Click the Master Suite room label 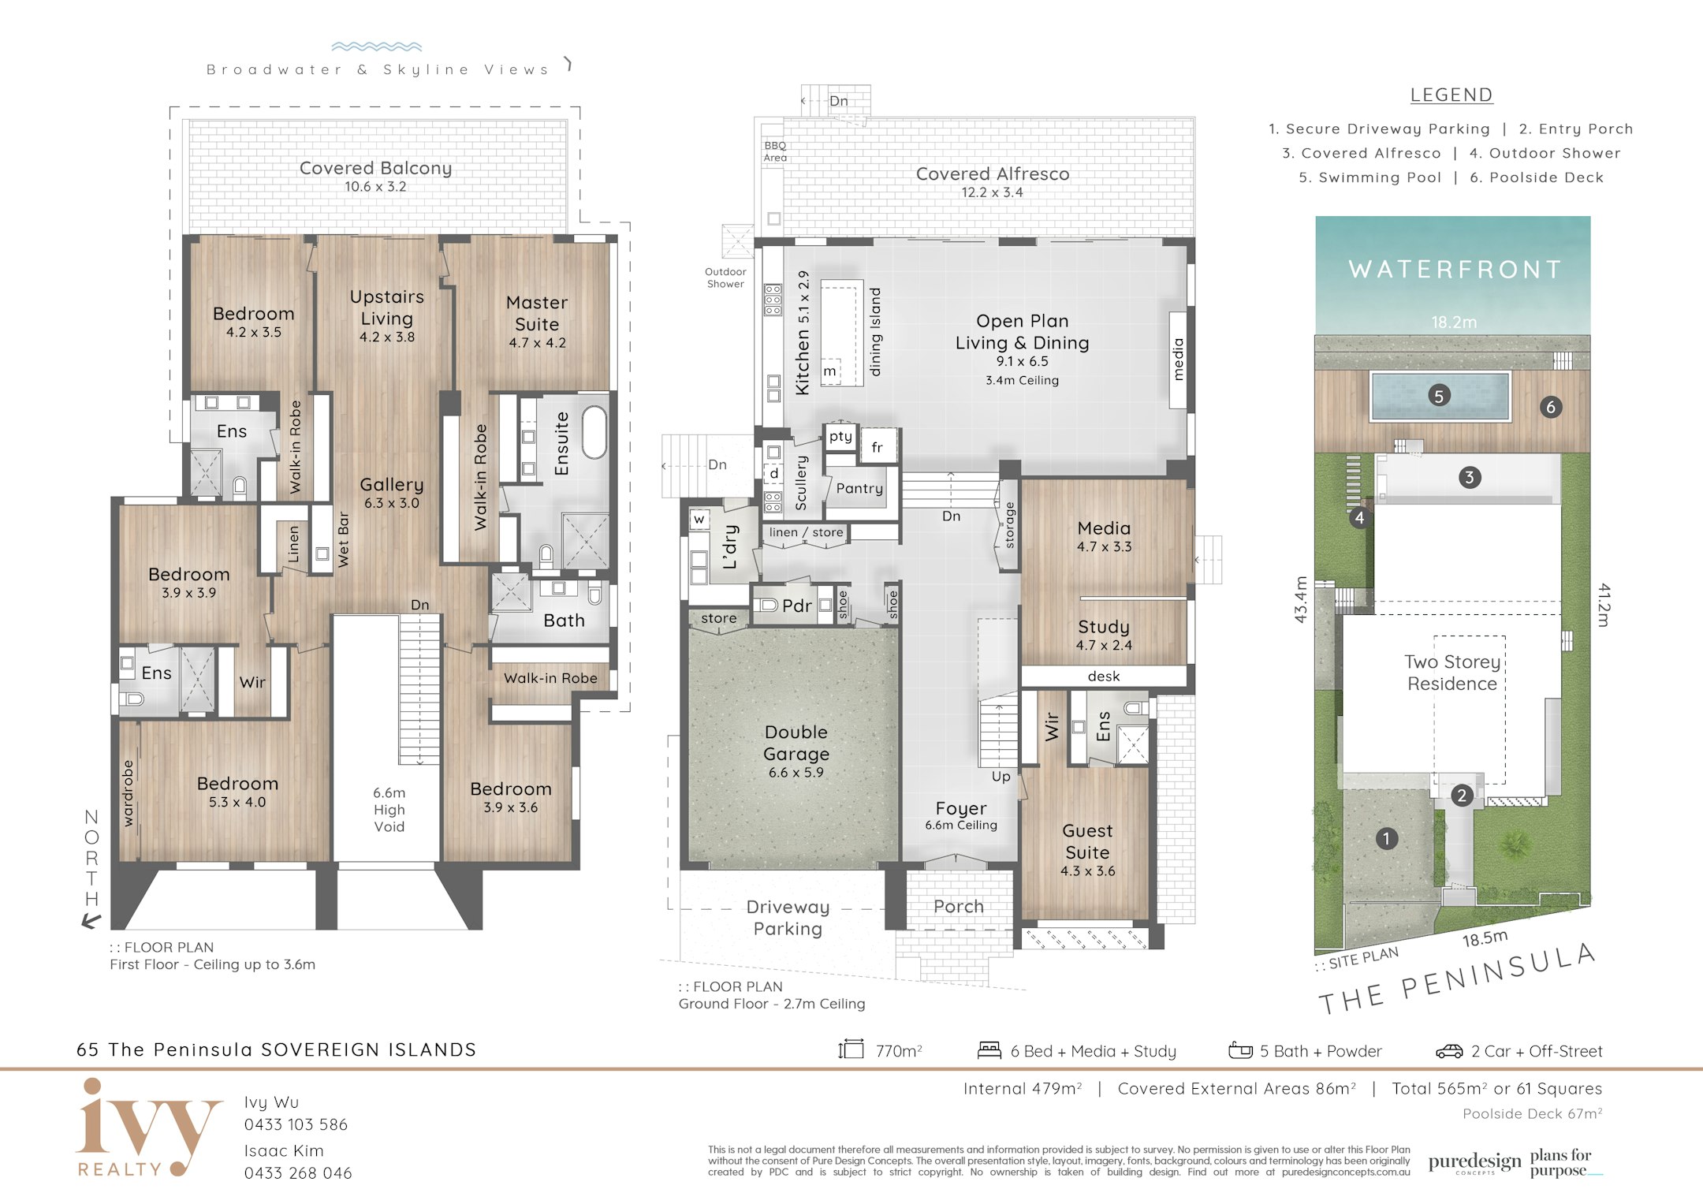(x=537, y=313)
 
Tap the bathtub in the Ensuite (x=594, y=432)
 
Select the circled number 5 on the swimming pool (x=1439, y=396)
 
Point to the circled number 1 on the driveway (x=1386, y=838)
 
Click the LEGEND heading (x=1451, y=95)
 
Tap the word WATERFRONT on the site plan (x=1455, y=270)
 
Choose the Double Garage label (x=796, y=743)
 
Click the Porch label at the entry (x=959, y=907)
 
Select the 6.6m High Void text (x=389, y=809)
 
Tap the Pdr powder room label (x=796, y=606)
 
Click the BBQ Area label (x=775, y=151)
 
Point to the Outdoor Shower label (x=725, y=278)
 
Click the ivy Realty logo (x=148, y=1128)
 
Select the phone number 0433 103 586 (x=296, y=1124)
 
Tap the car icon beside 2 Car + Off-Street (x=1449, y=1051)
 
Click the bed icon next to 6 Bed (x=989, y=1050)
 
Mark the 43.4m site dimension (x=1301, y=599)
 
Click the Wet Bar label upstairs (x=343, y=539)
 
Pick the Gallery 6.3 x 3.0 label (x=392, y=493)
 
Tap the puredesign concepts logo (x=1474, y=1163)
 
